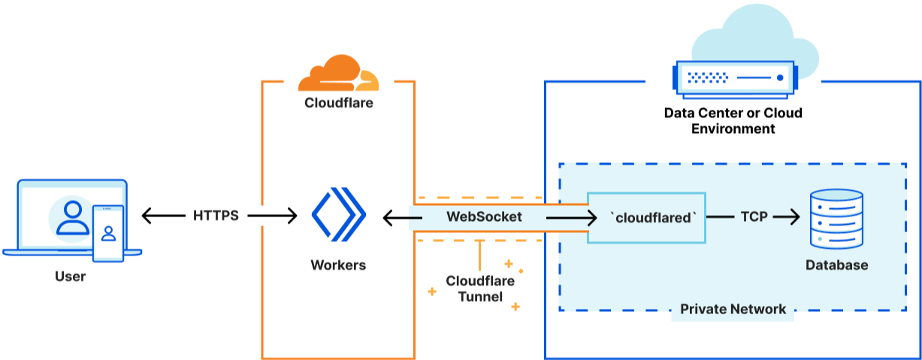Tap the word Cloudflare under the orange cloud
338,103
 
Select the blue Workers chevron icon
338,216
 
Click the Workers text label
338,265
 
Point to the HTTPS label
216,216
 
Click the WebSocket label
485,216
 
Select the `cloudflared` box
646,216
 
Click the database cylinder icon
836,219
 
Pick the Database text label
836,265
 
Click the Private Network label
733,309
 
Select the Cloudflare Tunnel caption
480,289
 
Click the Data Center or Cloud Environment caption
733,121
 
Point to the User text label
71,276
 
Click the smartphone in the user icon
108,232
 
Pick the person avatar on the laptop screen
73,216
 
